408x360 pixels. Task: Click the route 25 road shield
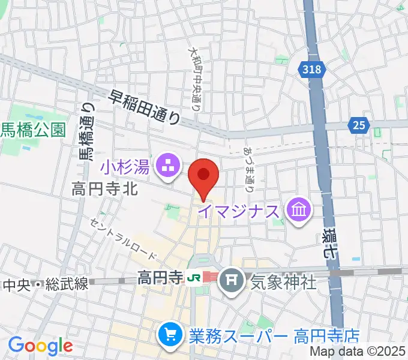click(x=359, y=125)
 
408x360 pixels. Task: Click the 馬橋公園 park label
click(x=32, y=130)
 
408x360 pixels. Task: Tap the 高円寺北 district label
click(x=105, y=190)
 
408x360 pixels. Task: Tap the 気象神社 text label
click(x=283, y=281)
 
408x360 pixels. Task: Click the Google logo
click(x=40, y=346)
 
